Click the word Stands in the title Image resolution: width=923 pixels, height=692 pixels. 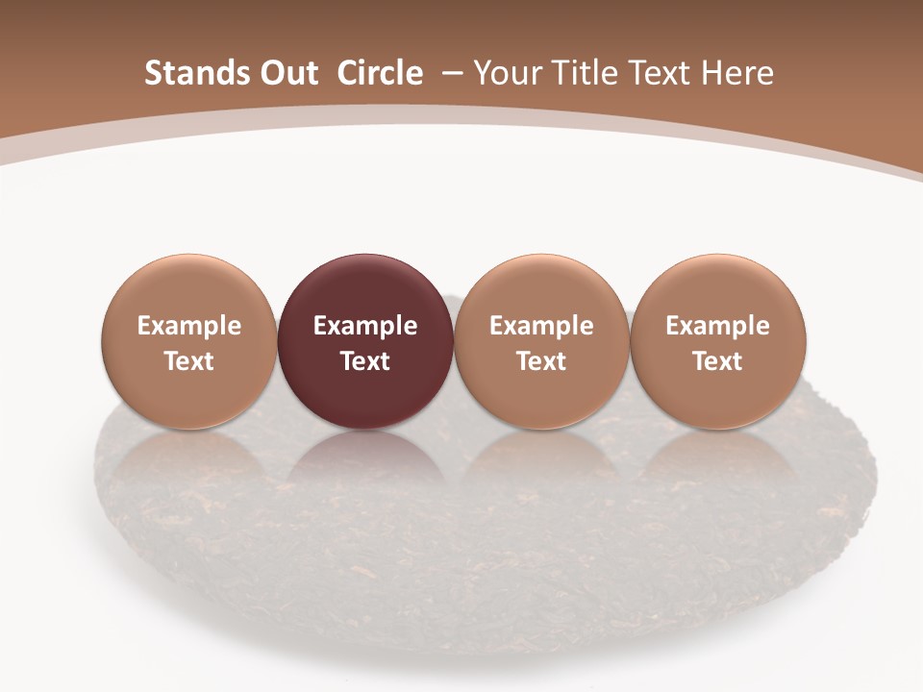pos(188,73)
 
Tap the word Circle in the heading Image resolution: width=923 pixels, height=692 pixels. pos(380,73)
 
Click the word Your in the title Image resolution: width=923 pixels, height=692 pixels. pos(506,73)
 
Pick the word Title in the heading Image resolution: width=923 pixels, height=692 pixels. pos(582,73)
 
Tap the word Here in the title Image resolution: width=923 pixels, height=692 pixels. pos(736,73)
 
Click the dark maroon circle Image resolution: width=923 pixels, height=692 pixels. pos(364,288)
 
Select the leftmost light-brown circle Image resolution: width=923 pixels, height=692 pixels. pos(188,288)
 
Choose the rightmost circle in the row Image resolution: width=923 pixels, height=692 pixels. pos(717,288)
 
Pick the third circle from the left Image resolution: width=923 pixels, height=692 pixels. pos(541,288)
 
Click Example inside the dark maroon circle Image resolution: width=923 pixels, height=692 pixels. pos(365,326)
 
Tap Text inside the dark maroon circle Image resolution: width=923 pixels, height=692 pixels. pos(365,361)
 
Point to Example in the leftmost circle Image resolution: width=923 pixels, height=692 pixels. pos(189,326)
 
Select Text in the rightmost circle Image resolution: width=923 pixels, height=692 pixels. pos(717,361)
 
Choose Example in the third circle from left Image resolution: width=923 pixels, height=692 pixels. pos(541,326)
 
